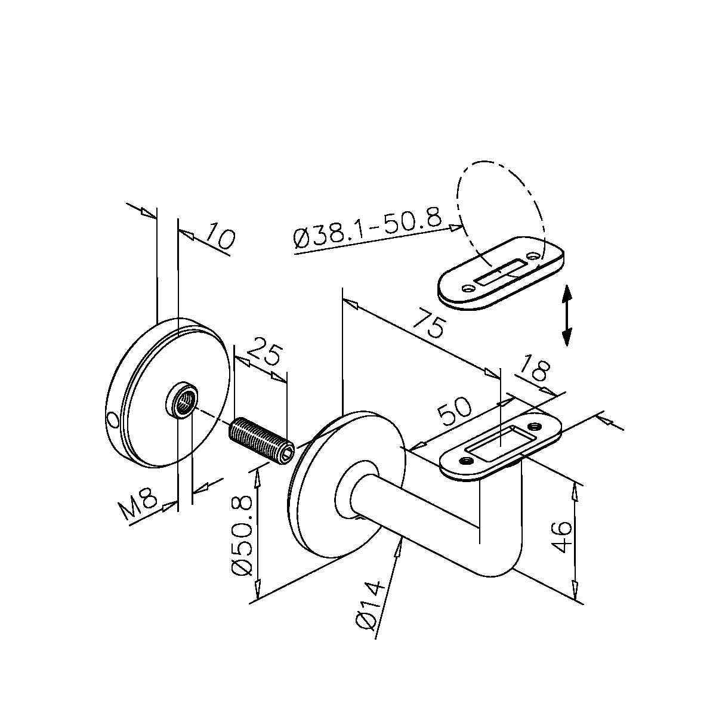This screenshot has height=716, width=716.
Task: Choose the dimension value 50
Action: [x=454, y=411]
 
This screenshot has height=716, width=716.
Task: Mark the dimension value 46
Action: [x=561, y=536]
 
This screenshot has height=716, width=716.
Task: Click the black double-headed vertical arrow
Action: [x=566, y=315]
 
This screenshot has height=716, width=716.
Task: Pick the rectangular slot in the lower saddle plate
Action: [x=498, y=443]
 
